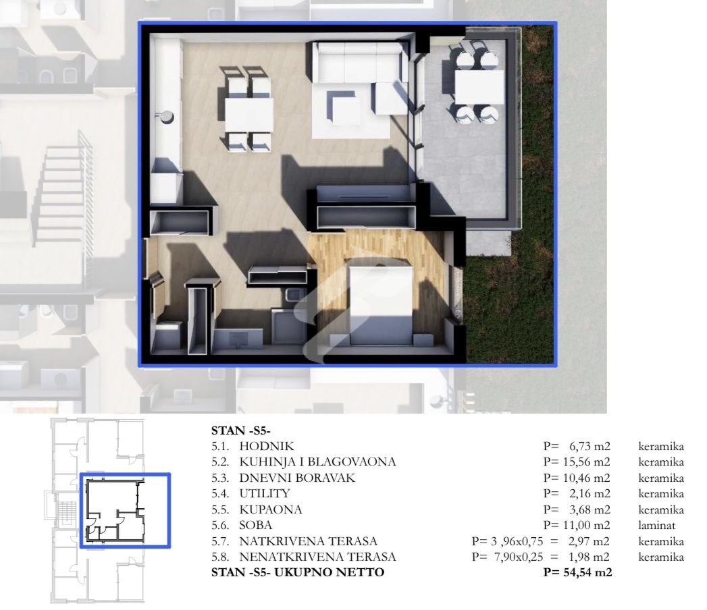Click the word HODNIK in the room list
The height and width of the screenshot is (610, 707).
pos(267,446)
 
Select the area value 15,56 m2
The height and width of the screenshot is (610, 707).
pos(587,462)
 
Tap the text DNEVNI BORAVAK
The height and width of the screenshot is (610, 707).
pos(297,478)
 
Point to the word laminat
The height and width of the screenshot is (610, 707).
pos(656,525)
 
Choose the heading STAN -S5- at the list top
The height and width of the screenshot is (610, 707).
pos(241,431)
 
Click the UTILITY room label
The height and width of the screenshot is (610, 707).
pos(265,493)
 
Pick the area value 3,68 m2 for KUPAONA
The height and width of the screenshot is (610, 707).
pos(590,509)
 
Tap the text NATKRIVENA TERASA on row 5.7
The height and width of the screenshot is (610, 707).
pos(309,541)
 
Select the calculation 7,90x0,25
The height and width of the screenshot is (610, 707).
pos(519,557)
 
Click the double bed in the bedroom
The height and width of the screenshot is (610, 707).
pos(381,304)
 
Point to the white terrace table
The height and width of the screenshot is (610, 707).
pos(479,87)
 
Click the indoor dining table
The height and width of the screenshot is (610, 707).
pos(248,115)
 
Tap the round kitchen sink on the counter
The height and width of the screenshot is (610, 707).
pos(167,117)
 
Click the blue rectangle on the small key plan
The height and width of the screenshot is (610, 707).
pos(126,474)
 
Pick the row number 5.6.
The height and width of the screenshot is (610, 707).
pos(220,525)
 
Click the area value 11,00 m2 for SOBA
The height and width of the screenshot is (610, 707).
pos(587,525)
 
